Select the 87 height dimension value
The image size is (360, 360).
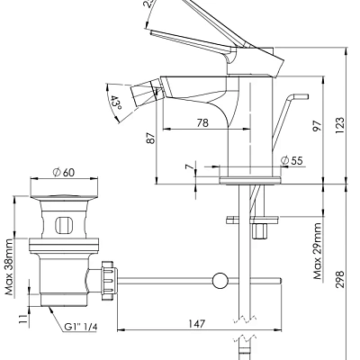[x=150, y=139]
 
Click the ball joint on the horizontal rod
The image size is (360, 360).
[x=219, y=283]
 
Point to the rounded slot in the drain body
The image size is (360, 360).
[x=65, y=224]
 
